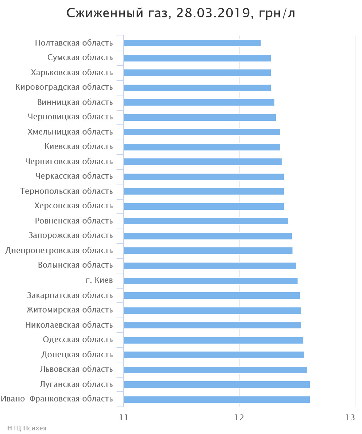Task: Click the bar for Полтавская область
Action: tap(192, 43)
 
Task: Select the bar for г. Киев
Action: tap(210, 281)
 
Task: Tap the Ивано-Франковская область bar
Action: tap(216, 400)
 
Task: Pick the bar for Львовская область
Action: tap(215, 370)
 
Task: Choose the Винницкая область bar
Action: tap(199, 102)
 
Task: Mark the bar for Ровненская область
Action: tap(206, 221)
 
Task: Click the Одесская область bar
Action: tap(213, 340)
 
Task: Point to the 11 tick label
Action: tap(124, 417)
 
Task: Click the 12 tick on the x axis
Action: tap(239, 417)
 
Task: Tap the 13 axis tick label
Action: tap(350, 417)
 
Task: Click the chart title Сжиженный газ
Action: tap(181, 13)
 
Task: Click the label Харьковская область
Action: tap(72, 73)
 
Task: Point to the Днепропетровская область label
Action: tap(59, 251)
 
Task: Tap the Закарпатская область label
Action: tap(70, 295)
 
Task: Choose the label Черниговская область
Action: tap(69, 162)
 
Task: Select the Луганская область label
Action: tap(76, 384)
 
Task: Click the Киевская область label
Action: tap(79, 147)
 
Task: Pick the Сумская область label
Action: tap(80, 58)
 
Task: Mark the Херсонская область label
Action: tap(73, 206)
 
